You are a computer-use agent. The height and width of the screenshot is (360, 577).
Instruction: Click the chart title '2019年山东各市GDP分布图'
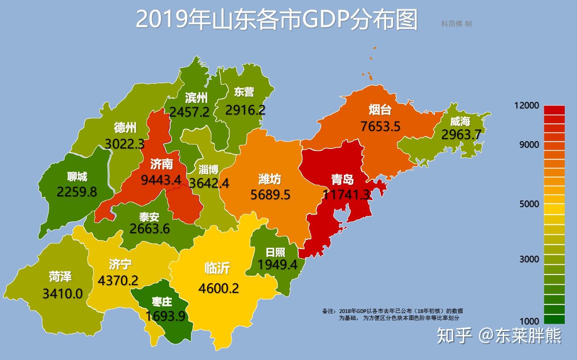276,19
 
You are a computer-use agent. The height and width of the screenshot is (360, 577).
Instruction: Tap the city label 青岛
342,179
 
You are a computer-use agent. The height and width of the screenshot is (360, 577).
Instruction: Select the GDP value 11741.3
346,195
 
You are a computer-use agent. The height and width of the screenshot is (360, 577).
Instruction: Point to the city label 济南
161,164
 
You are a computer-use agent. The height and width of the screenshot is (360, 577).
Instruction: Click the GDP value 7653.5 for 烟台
380,126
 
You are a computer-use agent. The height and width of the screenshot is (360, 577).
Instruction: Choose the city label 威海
460,121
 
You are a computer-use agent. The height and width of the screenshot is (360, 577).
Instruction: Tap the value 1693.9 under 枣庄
165,316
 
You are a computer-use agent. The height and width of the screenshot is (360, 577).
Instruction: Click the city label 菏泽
60,277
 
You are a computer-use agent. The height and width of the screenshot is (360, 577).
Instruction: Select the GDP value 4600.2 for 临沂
219,288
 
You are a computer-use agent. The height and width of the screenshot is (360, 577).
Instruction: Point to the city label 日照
275,252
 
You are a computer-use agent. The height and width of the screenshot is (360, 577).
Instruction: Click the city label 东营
244,92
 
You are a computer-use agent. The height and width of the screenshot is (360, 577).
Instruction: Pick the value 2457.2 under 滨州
189,112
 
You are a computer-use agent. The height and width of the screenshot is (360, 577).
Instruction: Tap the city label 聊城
77,177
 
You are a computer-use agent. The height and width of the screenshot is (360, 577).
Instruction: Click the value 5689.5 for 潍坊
270,194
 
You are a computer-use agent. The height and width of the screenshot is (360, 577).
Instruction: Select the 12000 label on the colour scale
527,105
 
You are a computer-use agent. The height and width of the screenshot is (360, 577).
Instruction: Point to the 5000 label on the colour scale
529,203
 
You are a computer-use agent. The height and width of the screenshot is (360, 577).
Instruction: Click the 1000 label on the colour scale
529,321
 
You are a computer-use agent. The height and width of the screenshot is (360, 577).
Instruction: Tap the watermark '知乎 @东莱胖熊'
499,335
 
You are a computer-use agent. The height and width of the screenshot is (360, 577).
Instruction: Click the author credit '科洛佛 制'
456,24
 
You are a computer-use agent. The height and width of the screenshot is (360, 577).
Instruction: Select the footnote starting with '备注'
392,314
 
